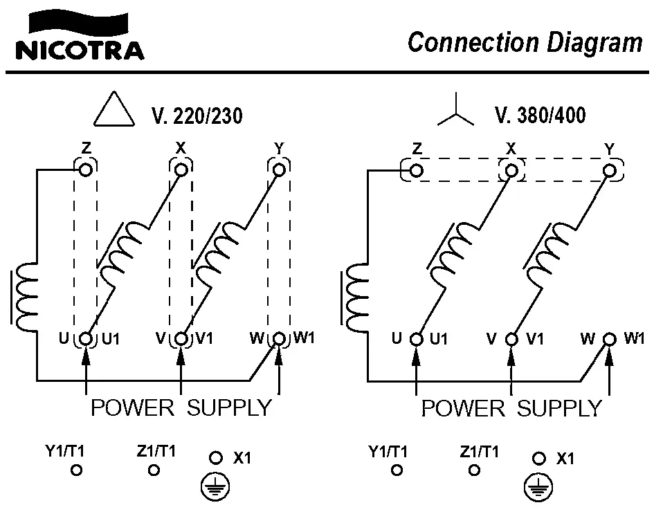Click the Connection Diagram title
click(525, 43)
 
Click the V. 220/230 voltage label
click(197, 116)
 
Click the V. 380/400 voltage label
click(540, 115)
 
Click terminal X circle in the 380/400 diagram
click(512, 169)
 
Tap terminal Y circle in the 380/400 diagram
click(610, 169)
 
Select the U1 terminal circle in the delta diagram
click(86, 339)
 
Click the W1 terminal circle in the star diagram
click(610, 339)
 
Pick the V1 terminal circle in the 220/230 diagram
click(181, 339)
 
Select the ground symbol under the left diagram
click(215, 488)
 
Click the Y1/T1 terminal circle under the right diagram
click(397, 470)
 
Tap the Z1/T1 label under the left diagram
click(156, 452)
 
